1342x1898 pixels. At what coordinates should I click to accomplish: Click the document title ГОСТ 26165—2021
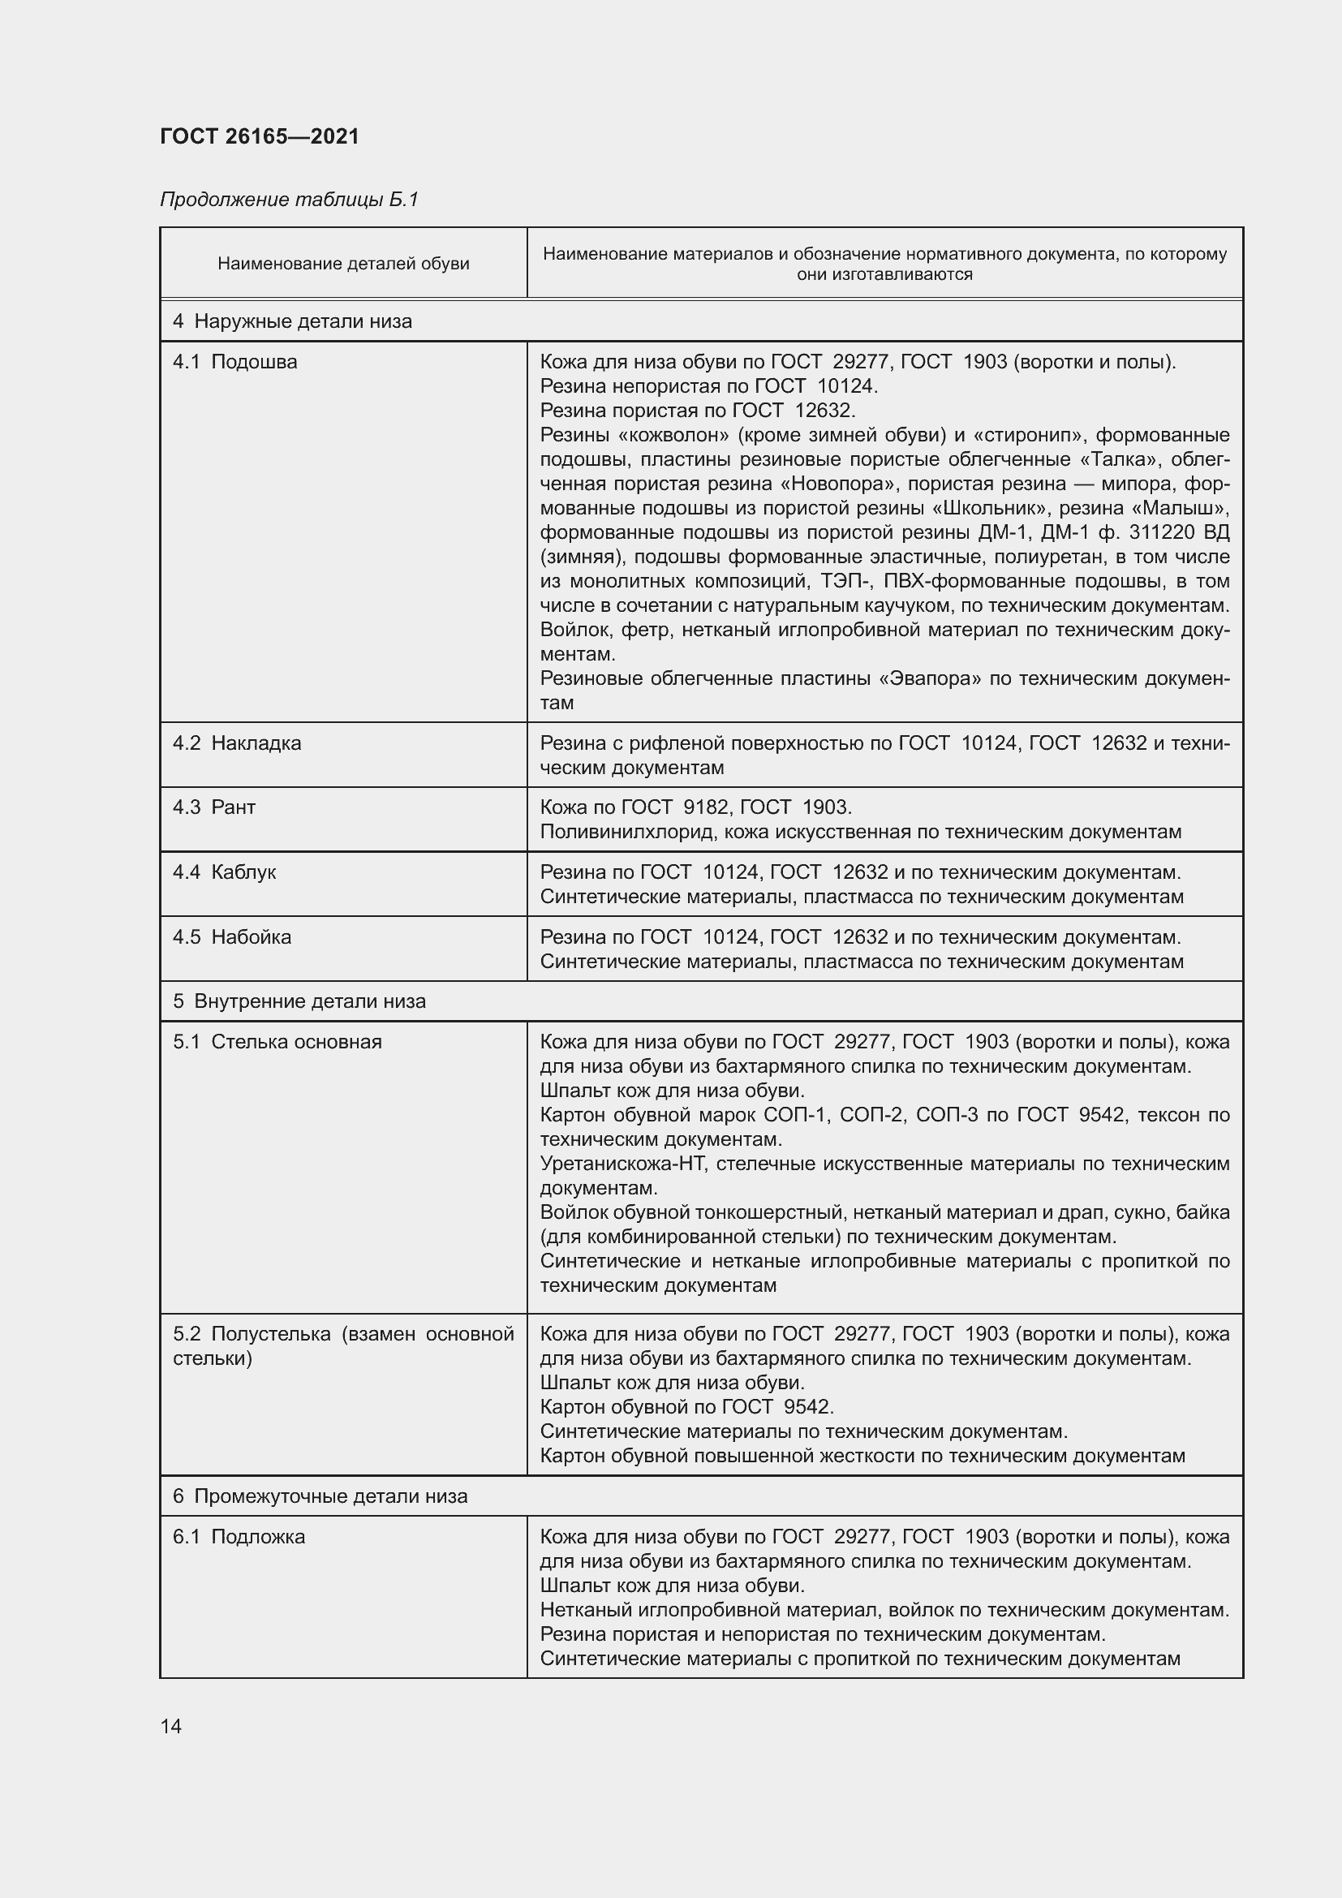(x=260, y=136)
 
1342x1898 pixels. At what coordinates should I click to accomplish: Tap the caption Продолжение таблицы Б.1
(x=289, y=200)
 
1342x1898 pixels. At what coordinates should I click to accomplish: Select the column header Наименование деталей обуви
(x=343, y=264)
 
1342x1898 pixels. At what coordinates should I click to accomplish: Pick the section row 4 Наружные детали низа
(x=293, y=321)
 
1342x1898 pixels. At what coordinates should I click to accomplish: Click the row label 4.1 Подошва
(x=234, y=362)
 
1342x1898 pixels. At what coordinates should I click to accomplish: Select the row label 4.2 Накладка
(x=237, y=743)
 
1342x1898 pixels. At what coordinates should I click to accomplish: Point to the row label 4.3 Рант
(x=214, y=807)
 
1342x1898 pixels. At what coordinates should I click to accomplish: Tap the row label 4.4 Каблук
(x=224, y=872)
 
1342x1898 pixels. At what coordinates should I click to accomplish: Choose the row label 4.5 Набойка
(x=232, y=937)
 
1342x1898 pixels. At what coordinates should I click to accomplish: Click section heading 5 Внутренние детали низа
(x=299, y=1002)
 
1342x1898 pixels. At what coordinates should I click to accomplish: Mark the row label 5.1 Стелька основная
(x=277, y=1043)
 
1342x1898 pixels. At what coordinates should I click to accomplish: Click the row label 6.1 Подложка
(x=239, y=1537)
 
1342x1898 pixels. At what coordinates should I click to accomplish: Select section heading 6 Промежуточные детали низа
(x=320, y=1496)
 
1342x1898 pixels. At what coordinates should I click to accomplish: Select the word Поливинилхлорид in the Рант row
(x=628, y=832)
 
